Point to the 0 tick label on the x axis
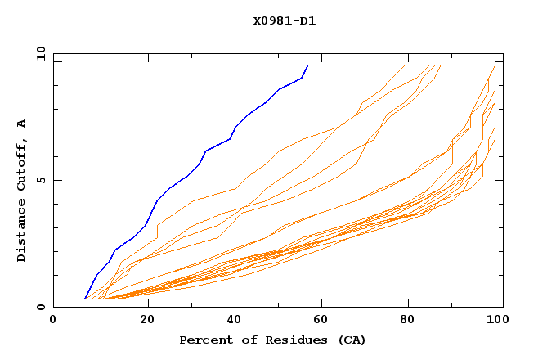pyautogui.click(x=54, y=321)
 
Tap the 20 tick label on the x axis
pyautogui.click(x=142, y=321)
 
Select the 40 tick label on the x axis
pyautogui.click(x=231, y=321)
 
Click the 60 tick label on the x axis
pyautogui.click(x=321, y=321)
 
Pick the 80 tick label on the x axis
pyautogui.click(x=409, y=321)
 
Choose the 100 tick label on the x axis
pyautogui.click(x=495, y=321)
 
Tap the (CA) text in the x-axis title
pyautogui.click(x=352, y=340)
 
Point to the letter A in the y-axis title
pyautogui.click(x=22, y=124)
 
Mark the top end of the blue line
pyautogui.click(x=307, y=65)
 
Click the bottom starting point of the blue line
pyautogui.click(x=85, y=299)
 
